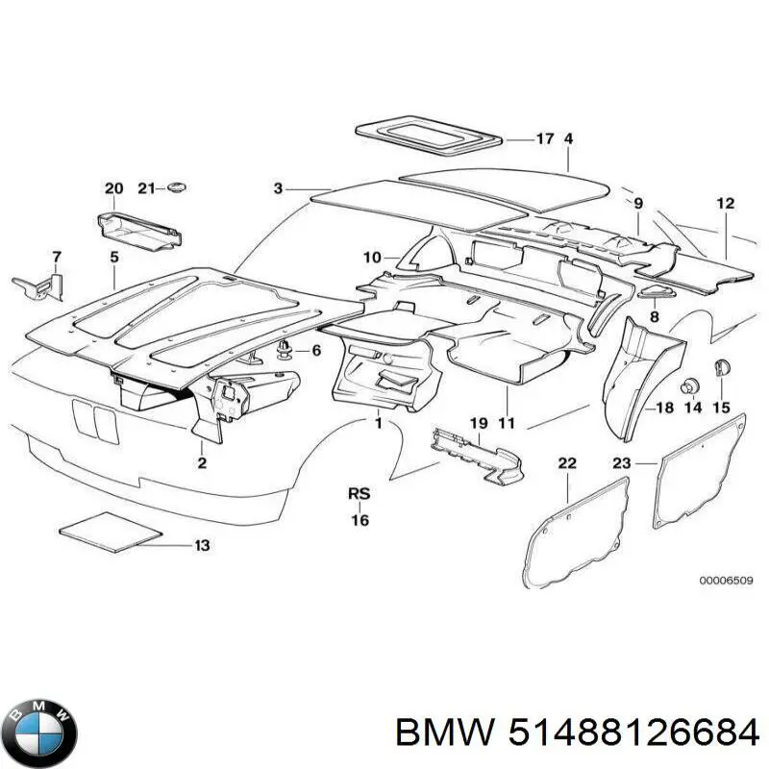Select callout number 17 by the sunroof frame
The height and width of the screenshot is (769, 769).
(544, 139)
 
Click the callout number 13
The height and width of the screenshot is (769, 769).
(202, 546)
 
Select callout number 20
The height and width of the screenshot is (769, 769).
(113, 188)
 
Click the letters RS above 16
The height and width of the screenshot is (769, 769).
(359, 494)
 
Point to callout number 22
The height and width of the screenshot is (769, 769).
(567, 464)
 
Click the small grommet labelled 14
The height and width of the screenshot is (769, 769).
(689, 386)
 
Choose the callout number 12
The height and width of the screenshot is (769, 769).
(725, 204)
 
